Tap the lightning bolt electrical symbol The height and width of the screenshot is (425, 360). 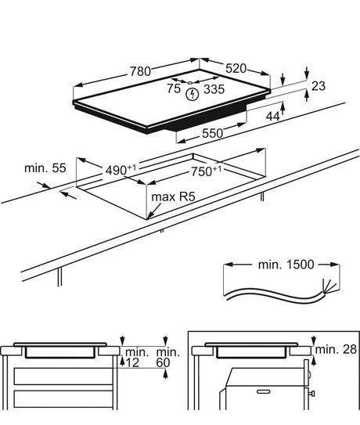[x=193, y=95]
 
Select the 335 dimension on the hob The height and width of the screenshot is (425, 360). [x=214, y=89]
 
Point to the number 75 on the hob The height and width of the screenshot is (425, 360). [x=172, y=89]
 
